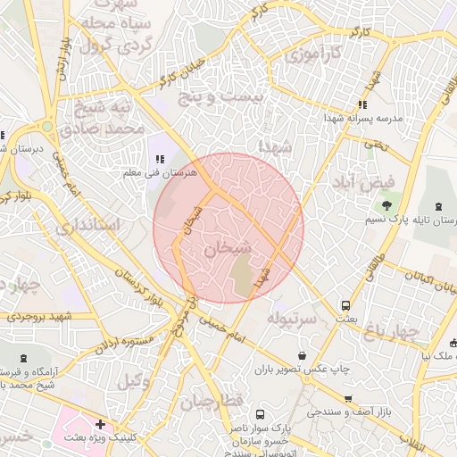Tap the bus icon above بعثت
tap(346, 305)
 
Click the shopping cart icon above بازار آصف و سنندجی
tap(347, 399)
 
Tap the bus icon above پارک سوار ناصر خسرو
tap(260, 415)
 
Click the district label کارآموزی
tap(312, 56)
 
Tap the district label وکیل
tap(134, 382)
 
